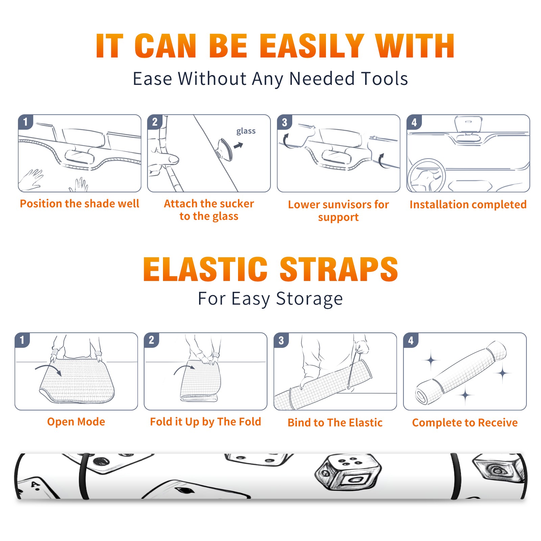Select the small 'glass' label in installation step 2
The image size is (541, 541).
(246, 131)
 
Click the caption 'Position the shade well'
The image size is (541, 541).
(79, 204)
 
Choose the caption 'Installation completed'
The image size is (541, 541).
(468, 205)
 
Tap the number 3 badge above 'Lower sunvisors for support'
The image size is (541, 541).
(284, 122)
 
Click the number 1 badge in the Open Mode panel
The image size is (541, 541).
(22, 340)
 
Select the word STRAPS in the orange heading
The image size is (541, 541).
(339, 269)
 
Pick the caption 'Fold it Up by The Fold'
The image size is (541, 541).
(206, 422)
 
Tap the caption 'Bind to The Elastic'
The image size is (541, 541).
(335, 423)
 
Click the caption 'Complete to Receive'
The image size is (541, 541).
(465, 423)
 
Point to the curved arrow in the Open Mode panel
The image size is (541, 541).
(48, 369)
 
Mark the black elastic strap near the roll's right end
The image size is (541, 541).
(456, 476)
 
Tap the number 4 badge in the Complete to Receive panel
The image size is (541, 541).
(411, 340)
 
